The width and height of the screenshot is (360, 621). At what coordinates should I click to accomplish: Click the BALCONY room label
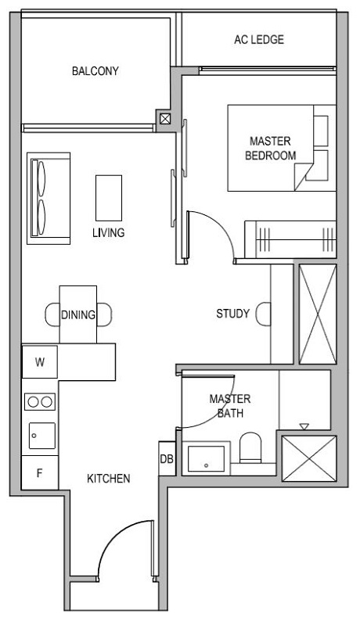pos(95,71)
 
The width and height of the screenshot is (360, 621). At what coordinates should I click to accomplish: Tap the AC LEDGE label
pos(258,40)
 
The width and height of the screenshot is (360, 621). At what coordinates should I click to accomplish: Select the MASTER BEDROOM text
pos(270,148)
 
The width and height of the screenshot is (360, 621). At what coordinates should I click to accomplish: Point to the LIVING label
pos(108,233)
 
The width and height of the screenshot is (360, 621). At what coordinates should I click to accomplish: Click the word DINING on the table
pos(78,315)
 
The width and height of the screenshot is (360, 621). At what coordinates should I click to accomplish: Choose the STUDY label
pos(232,314)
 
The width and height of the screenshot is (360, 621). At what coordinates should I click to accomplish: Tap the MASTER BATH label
pos(229,405)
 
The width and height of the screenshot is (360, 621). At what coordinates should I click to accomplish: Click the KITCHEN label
pos(108,479)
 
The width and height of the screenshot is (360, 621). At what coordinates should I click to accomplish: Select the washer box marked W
pos(39,362)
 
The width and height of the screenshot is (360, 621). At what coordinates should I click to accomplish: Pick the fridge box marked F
pos(39,472)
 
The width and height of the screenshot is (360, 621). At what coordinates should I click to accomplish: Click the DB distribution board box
pos(167,459)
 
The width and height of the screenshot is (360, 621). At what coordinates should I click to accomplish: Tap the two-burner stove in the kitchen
pos(40,402)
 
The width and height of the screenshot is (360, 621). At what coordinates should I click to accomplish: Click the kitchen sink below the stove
pos(41,435)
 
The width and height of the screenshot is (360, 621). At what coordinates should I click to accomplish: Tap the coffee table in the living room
pos(109,197)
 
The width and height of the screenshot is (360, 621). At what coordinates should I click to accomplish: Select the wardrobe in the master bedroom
pos(290,239)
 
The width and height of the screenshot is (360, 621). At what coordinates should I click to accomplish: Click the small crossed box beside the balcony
pos(165,119)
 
